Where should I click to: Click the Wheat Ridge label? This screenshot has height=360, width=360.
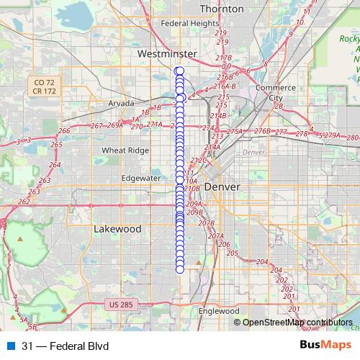click(125, 150)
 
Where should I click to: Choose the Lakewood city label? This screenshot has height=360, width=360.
click(117, 228)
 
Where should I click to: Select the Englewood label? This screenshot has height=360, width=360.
click(218, 311)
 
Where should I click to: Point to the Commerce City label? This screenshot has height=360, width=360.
click(275, 93)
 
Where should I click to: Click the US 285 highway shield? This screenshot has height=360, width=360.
click(122, 305)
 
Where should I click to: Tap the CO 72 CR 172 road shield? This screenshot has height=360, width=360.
click(44, 87)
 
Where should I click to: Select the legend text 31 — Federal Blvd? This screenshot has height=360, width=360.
click(65, 346)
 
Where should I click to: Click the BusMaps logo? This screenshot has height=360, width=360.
click(326, 345)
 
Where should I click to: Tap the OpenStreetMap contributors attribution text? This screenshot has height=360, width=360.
click(297, 323)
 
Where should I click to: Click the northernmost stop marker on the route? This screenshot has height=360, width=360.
click(179, 70)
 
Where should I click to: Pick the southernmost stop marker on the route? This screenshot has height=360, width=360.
click(179, 269)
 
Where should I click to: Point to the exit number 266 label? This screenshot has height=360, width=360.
click(64, 130)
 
